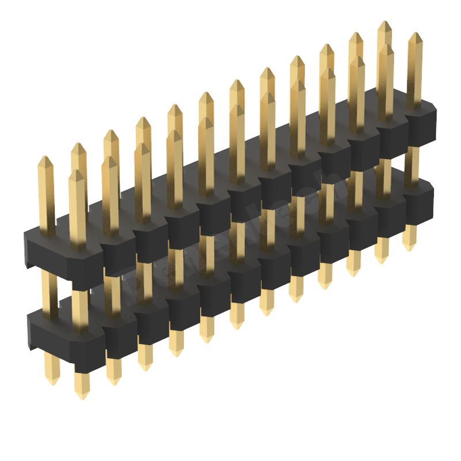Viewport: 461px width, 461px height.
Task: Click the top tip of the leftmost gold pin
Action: pos(46,158)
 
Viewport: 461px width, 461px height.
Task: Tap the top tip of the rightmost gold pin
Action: pos(414,35)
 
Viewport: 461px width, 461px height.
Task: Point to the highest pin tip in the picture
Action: pos(384,23)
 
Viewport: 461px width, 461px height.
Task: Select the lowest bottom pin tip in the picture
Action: pos(81,396)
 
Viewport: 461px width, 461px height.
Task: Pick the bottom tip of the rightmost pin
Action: pos(409,248)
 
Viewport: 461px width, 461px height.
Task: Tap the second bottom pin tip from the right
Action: pos(381,260)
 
